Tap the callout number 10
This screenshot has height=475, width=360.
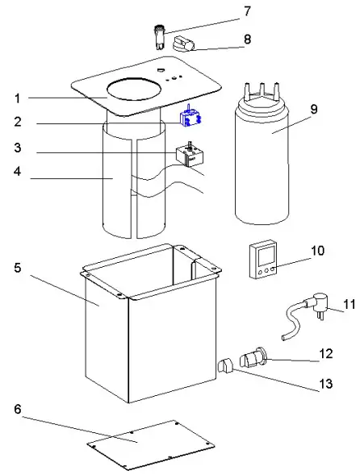[317, 251]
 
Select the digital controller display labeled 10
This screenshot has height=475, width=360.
[262, 260]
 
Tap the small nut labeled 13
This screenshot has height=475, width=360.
[226, 366]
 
